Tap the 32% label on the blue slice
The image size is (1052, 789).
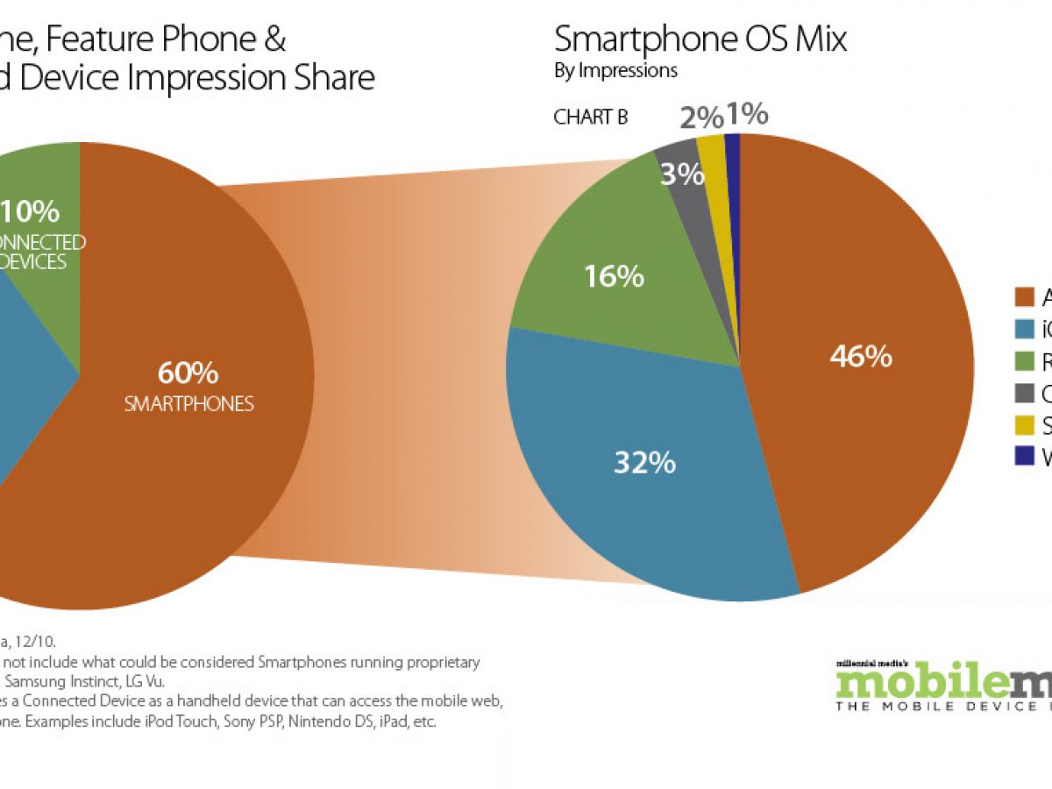point(646,463)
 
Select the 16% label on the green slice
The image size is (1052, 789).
point(615,277)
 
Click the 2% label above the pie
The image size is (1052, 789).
point(701,117)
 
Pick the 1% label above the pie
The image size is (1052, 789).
point(747,114)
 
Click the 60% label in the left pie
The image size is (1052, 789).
point(188,373)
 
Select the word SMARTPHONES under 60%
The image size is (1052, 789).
point(188,404)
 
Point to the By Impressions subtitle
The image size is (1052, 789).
point(615,71)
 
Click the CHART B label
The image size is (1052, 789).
point(590,117)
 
